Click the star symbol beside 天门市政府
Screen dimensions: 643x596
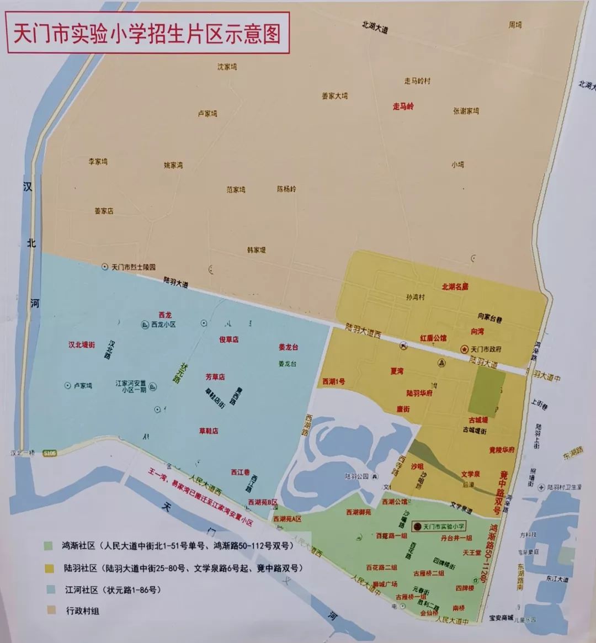tap(464, 349)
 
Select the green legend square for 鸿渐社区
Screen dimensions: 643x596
tap(49, 546)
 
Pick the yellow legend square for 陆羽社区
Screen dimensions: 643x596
tap(49, 568)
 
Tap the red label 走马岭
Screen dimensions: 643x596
tap(403, 107)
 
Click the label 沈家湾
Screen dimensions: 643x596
tap(227, 67)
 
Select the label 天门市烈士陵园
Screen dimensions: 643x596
tap(133, 267)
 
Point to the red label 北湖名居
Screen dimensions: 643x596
tap(455, 286)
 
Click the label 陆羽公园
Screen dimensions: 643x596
tap(356, 476)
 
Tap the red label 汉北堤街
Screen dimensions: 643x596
tap(82, 344)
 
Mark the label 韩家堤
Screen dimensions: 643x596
tap(257, 249)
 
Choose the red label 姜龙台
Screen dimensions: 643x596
tap(288, 347)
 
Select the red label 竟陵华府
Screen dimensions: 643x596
tap(502, 450)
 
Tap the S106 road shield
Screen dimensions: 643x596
tap(49, 453)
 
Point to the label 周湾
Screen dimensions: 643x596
tap(515, 25)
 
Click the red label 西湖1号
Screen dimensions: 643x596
tap(334, 381)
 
